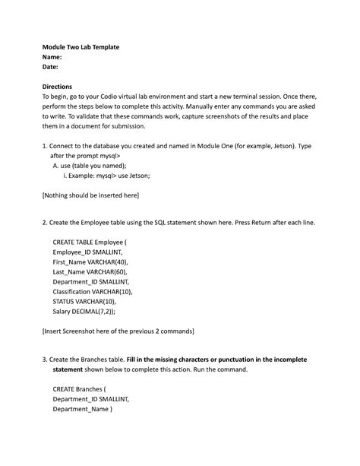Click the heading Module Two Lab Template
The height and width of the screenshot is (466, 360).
coord(80,47)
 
